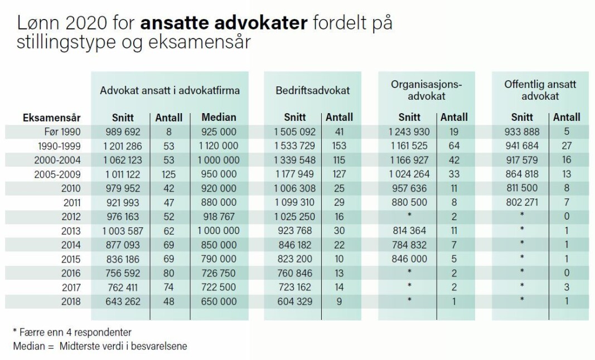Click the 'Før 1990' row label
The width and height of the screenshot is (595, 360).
[62, 132]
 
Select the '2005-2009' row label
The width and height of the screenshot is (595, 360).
[57, 174]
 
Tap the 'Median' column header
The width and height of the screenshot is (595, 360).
[219, 117]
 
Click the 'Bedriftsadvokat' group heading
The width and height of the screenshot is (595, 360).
[313, 91]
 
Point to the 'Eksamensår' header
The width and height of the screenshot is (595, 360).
[52, 118]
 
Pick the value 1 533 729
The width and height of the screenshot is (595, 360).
[295, 146]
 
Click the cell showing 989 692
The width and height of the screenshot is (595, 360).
[123, 132]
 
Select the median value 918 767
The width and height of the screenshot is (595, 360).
[219, 217]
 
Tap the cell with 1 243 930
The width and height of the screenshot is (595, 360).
[409, 132]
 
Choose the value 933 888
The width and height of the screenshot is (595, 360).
[522, 132]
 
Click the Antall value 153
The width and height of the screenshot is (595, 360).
[339, 146]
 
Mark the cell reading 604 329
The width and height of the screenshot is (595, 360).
[295, 301]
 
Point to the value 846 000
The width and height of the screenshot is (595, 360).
[409, 259]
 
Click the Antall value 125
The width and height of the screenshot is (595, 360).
[169, 174]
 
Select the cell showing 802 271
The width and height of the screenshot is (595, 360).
[522, 203]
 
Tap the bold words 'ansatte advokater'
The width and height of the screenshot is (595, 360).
[224, 23]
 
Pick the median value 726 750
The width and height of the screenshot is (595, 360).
[219, 273]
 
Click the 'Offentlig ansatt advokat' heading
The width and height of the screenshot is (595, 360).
[540, 90]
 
